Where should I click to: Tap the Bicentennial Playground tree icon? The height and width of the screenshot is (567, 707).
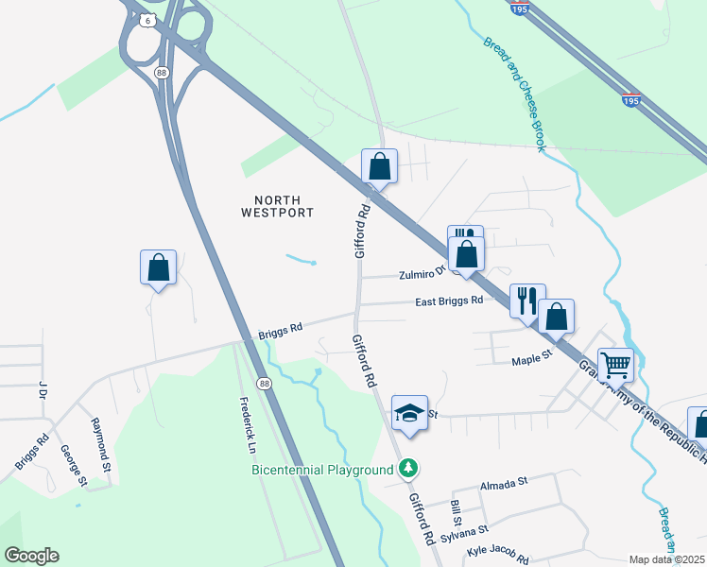click(x=408, y=469)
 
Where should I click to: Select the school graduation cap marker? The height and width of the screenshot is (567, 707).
click(x=409, y=413)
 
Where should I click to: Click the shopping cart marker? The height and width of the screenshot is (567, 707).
click(x=615, y=363)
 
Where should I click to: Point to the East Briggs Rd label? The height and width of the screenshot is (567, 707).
click(x=449, y=301)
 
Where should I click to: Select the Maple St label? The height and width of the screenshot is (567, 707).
click(x=531, y=361)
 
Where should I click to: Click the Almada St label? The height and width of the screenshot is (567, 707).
click(x=502, y=484)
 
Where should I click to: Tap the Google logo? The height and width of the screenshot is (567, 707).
click(x=31, y=556)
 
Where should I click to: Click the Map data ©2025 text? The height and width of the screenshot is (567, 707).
click(x=666, y=559)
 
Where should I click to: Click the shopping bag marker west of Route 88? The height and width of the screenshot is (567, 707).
click(x=158, y=267)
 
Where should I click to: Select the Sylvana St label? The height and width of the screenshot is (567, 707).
click(x=469, y=534)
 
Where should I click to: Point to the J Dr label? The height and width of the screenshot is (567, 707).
click(x=43, y=389)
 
